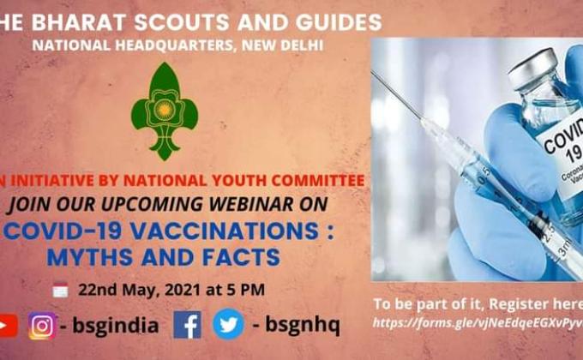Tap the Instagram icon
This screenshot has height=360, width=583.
[x=42, y=326]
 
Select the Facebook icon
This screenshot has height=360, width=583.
[x=187, y=325]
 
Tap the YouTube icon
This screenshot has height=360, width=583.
[x=7, y=326]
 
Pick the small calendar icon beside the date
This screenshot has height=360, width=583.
[x=60, y=290]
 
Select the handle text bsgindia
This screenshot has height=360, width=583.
[x=115, y=326]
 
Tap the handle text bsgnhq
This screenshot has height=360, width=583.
[x=302, y=325]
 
